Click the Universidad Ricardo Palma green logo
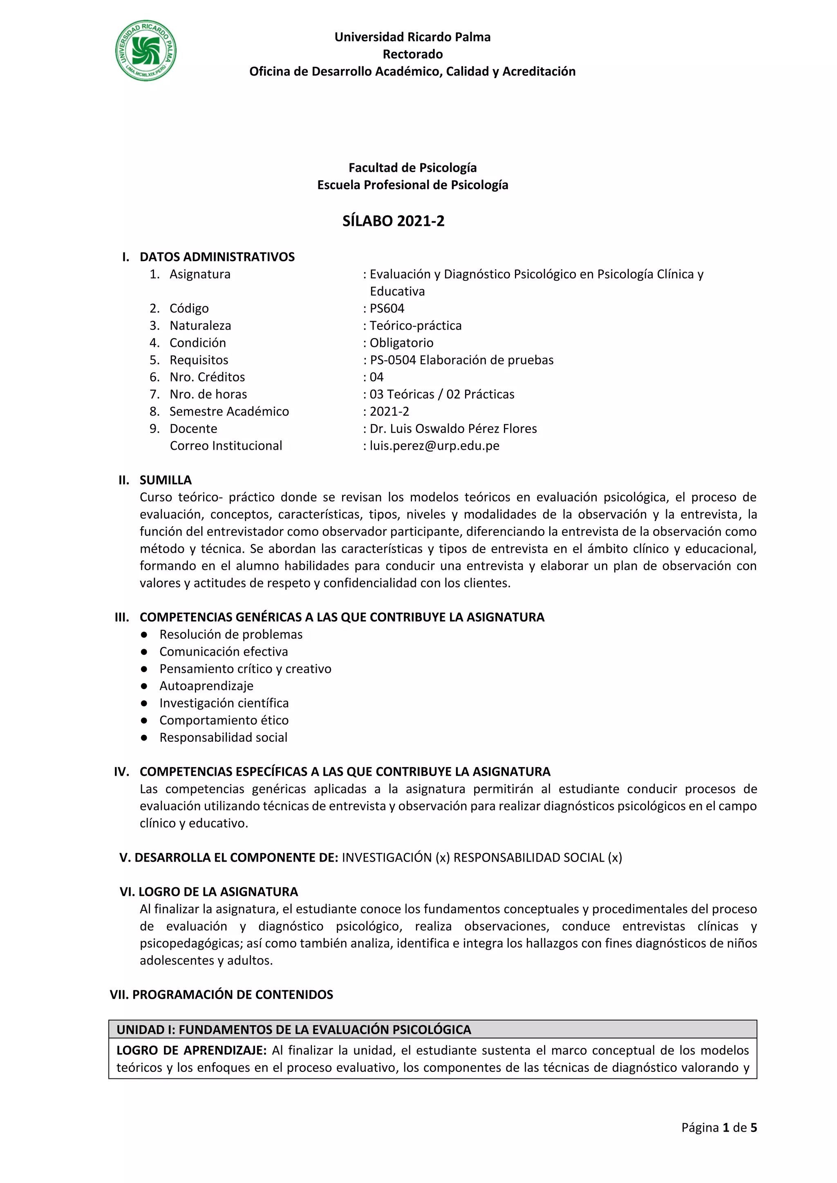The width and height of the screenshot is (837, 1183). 146,51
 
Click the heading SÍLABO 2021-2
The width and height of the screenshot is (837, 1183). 393,221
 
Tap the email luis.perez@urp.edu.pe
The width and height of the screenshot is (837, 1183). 434,446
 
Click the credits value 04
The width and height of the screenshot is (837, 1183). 377,377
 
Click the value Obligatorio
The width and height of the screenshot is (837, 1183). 401,343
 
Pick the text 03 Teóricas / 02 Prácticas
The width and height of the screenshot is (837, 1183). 442,394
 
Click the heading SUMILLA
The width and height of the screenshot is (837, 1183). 166,480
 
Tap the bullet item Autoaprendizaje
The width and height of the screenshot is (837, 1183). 206,686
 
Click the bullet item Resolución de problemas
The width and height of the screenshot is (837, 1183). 231,634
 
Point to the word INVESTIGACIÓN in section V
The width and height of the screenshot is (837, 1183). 387,857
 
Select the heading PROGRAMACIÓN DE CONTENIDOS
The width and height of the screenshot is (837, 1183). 233,994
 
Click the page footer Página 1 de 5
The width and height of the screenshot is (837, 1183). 718,1128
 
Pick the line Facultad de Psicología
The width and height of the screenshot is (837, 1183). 412,167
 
